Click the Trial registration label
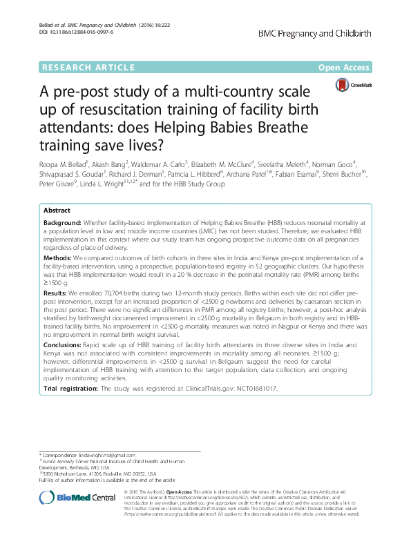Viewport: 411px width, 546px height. point(70,389)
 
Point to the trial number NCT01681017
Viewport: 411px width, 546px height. point(253,389)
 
